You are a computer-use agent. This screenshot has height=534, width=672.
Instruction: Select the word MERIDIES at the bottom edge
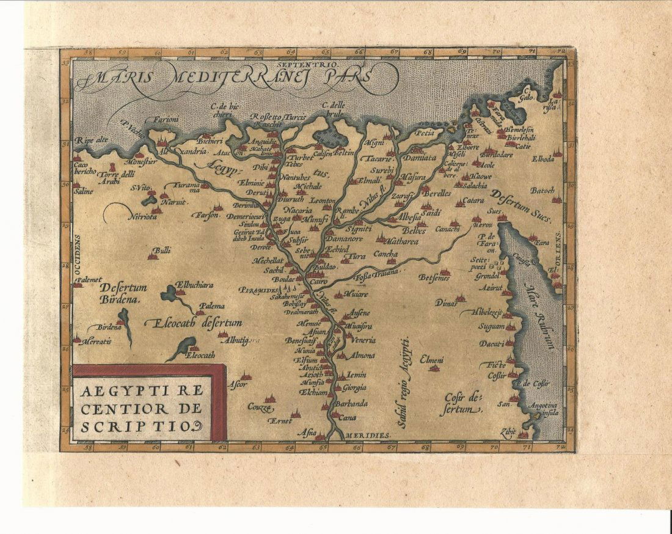pyautogui.click(x=365, y=435)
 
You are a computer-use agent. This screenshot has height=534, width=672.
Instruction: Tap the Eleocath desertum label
pyautogui.click(x=193, y=323)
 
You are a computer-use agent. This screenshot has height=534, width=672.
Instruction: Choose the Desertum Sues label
pyautogui.click(x=521, y=207)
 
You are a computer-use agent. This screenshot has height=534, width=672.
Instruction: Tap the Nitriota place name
pyautogui.click(x=142, y=216)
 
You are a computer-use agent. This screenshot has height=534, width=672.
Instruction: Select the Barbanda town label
pyautogui.click(x=350, y=404)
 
